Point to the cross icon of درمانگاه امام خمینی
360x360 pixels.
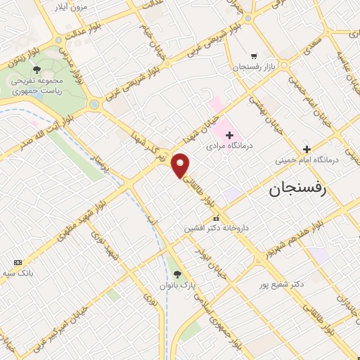(307, 148)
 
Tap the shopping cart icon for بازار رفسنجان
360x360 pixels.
(254, 56)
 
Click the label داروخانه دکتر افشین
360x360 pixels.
(210, 229)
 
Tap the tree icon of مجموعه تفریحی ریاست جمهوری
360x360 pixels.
(36, 70)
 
